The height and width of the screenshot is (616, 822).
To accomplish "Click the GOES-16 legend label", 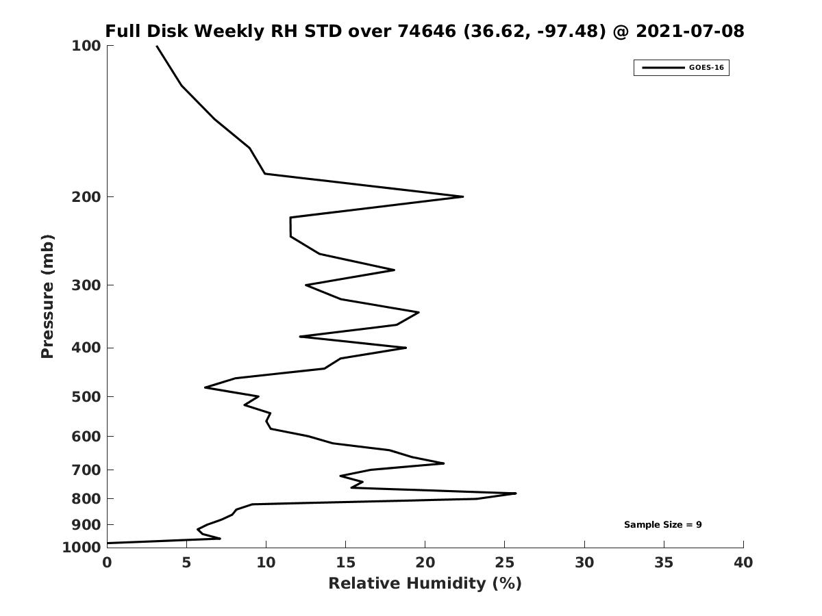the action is coord(706,68).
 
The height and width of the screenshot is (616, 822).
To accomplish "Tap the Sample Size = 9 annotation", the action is coord(662,525).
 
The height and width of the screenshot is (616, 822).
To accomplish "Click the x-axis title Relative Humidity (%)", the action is coord(425,583).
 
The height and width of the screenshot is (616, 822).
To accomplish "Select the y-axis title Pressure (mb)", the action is coord(47,296).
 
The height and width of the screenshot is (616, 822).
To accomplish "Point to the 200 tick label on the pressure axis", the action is coord(86,197).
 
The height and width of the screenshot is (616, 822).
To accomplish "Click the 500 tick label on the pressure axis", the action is coord(86,397).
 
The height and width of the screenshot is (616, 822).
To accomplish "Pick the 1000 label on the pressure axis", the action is coord(82,548).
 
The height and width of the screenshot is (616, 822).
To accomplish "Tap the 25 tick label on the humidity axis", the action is coord(504,563).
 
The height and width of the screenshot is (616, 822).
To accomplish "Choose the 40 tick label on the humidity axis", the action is coord(743,563).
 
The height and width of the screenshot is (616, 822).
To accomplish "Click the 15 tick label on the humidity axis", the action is coord(345,563).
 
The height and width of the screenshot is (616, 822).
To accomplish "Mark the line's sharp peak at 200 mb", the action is coord(463,196).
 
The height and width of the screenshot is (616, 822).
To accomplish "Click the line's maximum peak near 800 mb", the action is coord(516,493).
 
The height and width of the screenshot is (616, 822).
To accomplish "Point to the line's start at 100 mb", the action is coord(157,46).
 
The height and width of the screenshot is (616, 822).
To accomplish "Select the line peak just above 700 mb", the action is coord(443,463).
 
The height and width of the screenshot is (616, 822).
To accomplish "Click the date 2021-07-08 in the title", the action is coord(690,31).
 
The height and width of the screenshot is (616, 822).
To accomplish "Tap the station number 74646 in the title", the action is coord(427,31).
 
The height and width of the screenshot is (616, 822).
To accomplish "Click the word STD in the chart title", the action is coord(323,31).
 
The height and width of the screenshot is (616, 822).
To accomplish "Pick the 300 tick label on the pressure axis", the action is coord(86,285).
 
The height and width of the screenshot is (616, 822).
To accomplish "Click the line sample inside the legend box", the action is coord(663,68).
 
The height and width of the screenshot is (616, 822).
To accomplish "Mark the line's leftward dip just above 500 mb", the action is coord(206,387).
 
